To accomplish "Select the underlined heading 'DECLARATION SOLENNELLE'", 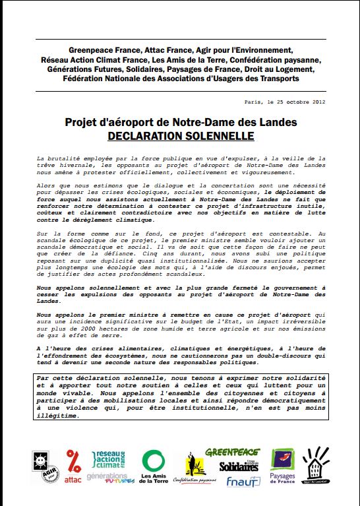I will pos(181,137).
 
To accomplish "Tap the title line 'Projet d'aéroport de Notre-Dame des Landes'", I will pos(181,123).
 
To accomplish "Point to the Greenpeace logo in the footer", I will pos(232,453).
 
